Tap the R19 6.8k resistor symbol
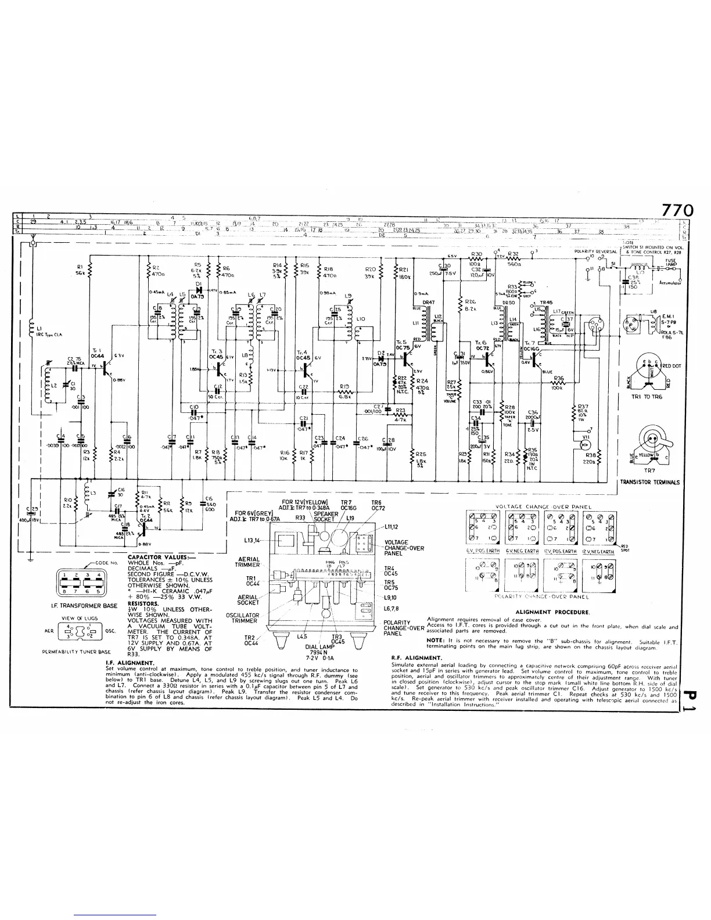click(x=344, y=391)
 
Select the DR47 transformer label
click(x=429, y=302)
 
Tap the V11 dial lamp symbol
click(x=586, y=445)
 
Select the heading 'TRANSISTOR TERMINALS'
click(x=650, y=482)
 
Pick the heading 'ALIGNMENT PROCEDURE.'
click(x=552, y=612)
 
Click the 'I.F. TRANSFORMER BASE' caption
click(x=84, y=605)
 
